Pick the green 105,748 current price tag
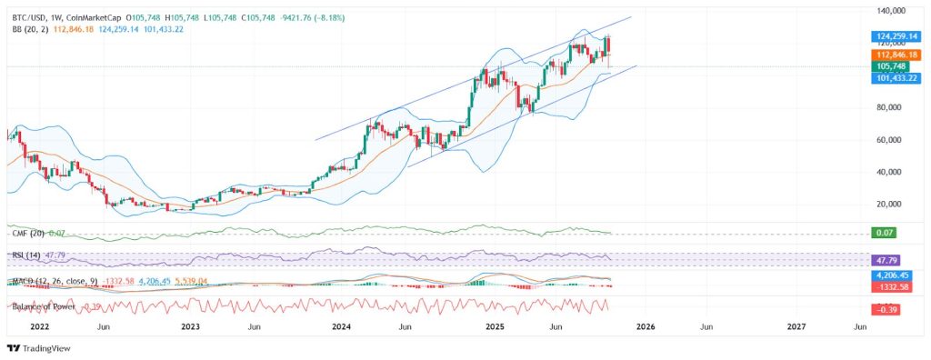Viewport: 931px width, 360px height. (891, 66)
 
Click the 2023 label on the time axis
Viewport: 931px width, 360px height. (190, 325)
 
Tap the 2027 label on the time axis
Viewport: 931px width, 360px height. (796, 325)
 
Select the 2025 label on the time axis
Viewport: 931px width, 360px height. (494, 325)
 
